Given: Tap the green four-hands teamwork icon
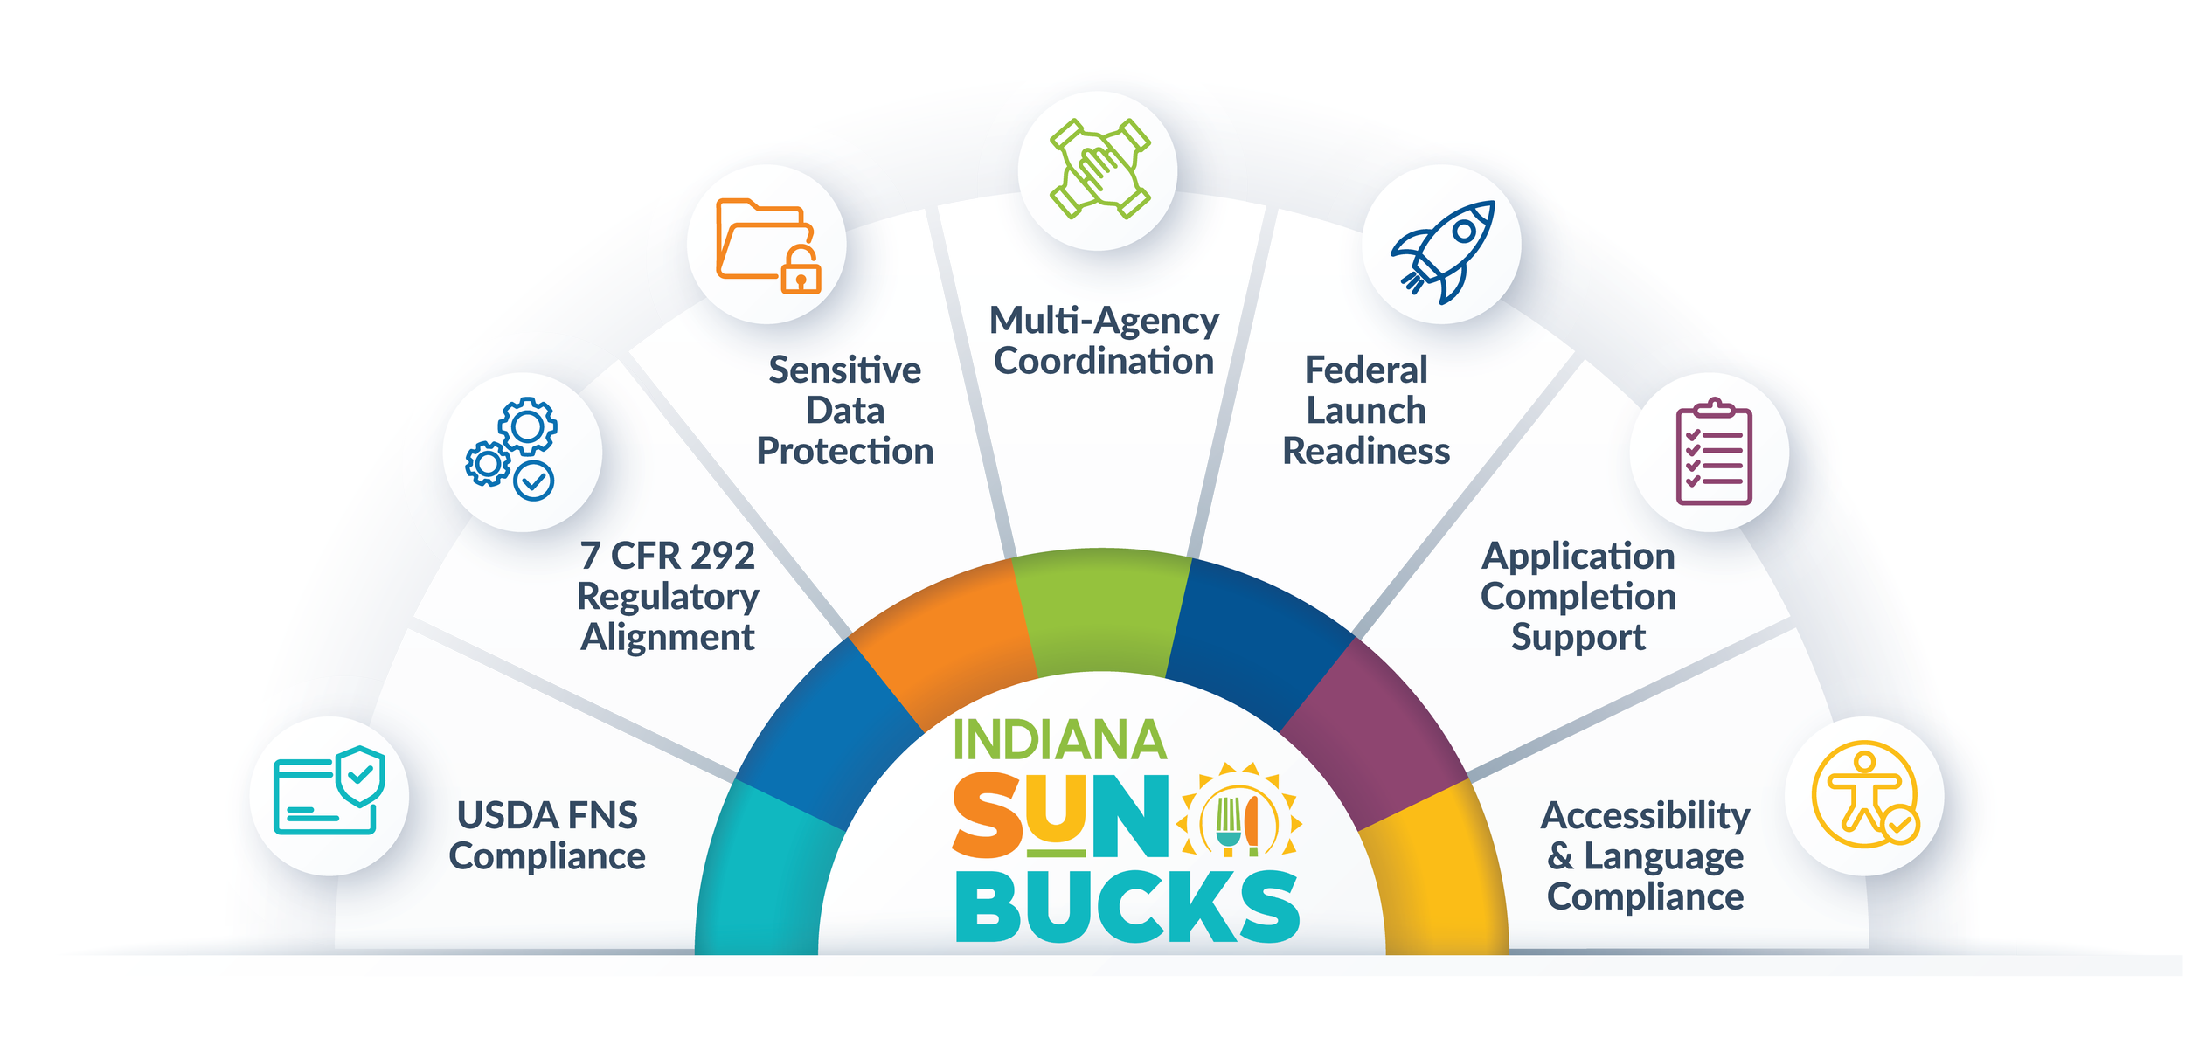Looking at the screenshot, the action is pyautogui.click(x=1099, y=169).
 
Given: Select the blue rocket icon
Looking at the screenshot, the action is pyautogui.click(x=1443, y=252).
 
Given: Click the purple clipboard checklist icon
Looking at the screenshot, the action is pyautogui.click(x=1713, y=452).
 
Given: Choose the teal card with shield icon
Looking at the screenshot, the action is pyautogui.click(x=329, y=791).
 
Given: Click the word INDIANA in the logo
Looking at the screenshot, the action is pyautogui.click(x=1059, y=740).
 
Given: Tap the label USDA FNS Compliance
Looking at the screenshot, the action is pyautogui.click(x=547, y=835).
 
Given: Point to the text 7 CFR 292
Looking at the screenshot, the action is pyautogui.click(x=668, y=556).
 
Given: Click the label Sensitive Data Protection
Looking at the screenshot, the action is pyautogui.click(x=844, y=410).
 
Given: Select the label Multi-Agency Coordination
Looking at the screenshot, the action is pyautogui.click(x=1103, y=341).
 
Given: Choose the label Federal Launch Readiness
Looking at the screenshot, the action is pyautogui.click(x=1365, y=410).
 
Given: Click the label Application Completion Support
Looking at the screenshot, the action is pyautogui.click(x=1578, y=596).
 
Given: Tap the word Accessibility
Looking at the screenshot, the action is pyautogui.click(x=1645, y=815).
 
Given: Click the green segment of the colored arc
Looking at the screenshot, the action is pyautogui.click(x=1101, y=612).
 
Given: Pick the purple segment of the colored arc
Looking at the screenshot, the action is pyautogui.click(x=1372, y=734).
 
